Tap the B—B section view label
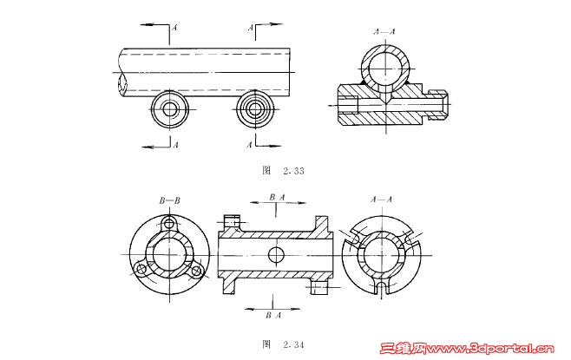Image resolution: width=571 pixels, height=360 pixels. [x=169, y=200]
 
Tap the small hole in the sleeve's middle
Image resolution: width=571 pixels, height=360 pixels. [x=275, y=253]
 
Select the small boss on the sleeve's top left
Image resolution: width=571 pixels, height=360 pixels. [x=230, y=221]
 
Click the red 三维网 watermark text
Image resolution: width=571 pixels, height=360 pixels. [x=402, y=350]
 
